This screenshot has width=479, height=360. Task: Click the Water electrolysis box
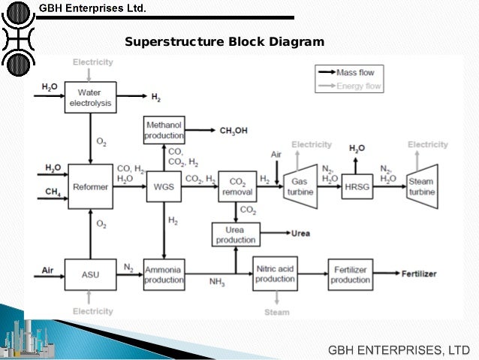pos(90,98)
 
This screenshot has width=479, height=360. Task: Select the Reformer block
pos(90,186)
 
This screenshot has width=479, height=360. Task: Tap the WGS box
pos(164,186)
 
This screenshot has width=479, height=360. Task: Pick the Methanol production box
pos(164,130)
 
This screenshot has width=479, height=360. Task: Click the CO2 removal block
pos(237,186)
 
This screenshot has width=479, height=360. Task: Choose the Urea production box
pos(236,234)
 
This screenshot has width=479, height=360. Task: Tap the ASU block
pos(90,274)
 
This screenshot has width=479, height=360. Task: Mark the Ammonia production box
pos(164,274)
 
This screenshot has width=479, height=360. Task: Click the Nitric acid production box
pos(275,274)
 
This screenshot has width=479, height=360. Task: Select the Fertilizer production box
pos(351,274)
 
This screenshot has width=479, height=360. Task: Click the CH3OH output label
pos(233,130)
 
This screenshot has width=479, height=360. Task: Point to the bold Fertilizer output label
pos(418,274)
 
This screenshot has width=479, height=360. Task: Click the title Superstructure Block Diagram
pos(224,42)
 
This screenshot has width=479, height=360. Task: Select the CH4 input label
pos(53,193)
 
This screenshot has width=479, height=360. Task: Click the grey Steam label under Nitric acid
pos(276,311)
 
